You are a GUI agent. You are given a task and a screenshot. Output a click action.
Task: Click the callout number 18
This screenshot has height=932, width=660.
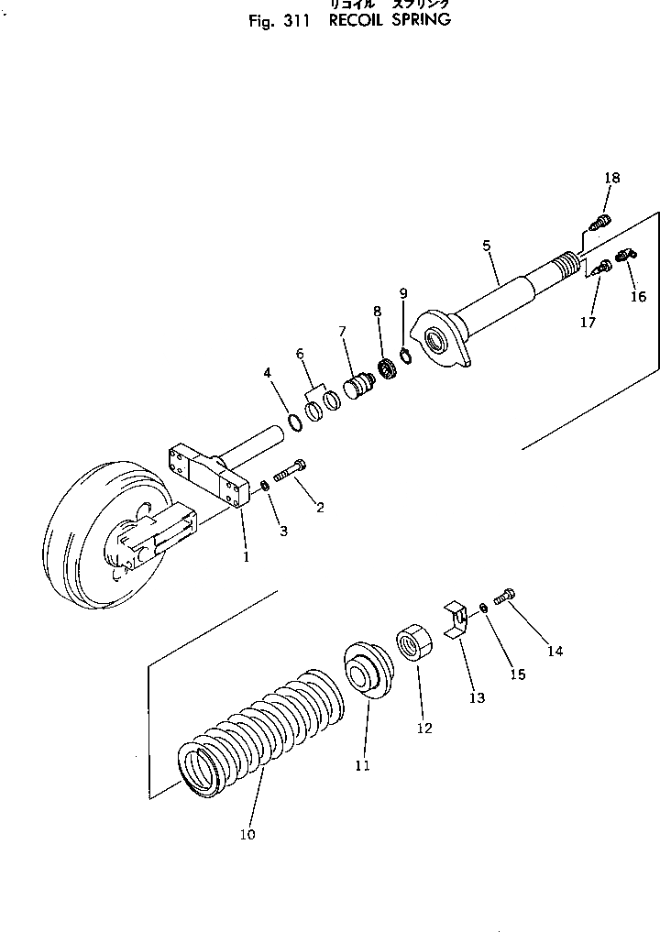tap(611, 178)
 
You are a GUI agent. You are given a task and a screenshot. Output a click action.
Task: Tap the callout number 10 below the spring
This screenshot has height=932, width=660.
tap(247, 834)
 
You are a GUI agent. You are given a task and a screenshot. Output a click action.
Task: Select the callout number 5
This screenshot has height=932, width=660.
tap(487, 246)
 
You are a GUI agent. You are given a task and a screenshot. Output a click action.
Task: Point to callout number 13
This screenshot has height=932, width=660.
tap(477, 697)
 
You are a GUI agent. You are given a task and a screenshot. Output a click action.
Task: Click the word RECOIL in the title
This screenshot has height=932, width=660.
tap(354, 20)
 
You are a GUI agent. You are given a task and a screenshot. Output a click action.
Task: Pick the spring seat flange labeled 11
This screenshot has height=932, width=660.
tap(367, 674)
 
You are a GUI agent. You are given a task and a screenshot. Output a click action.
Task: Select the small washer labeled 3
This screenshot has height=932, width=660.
tap(265, 486)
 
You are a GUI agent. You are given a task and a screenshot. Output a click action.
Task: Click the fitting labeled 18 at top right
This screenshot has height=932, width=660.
tap(600, 222)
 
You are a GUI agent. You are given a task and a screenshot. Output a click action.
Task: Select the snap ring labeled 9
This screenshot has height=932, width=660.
tap(406, 356)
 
